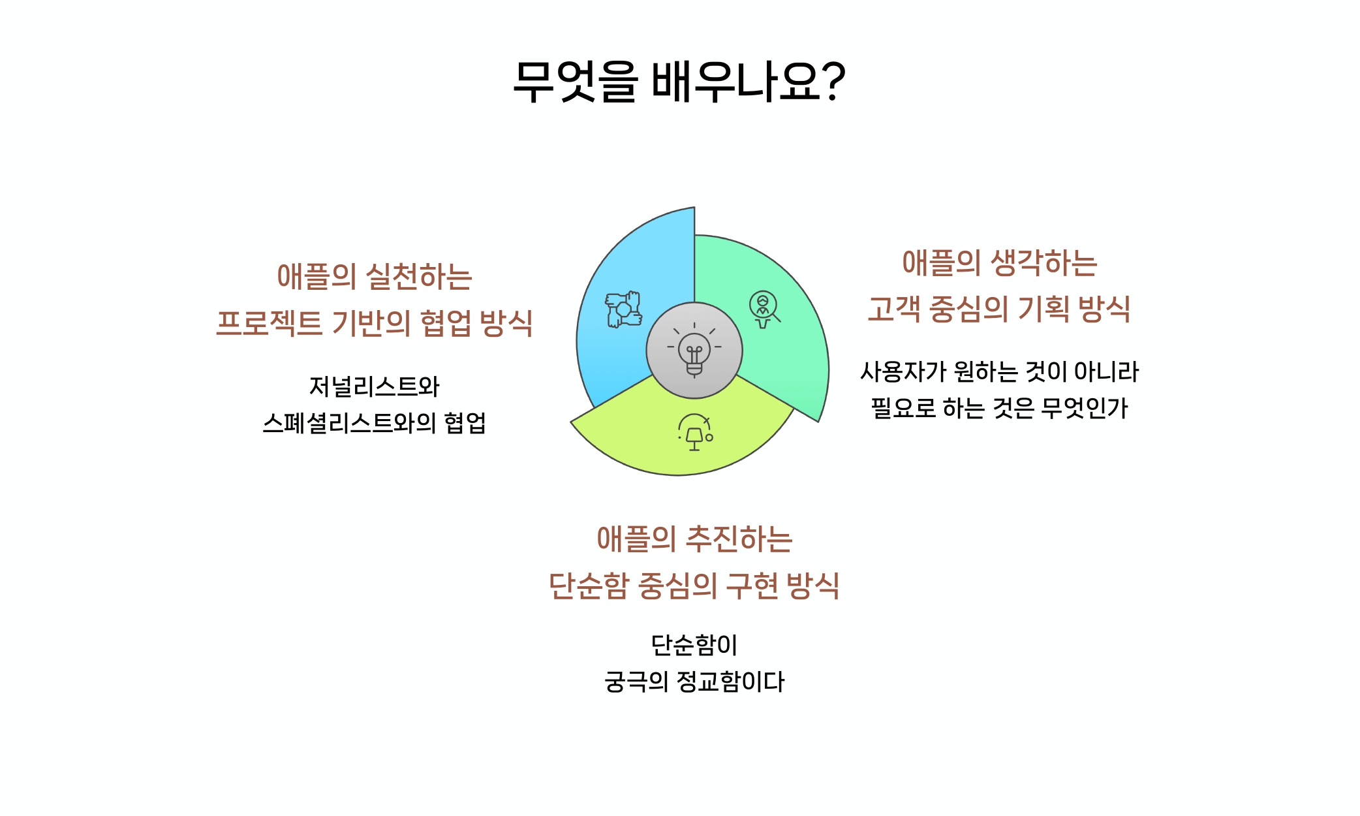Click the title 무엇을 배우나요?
coord(679,82)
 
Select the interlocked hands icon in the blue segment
coord(623,309)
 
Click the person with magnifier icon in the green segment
coord(764,309)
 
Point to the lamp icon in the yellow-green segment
coord(695,432)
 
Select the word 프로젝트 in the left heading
coord(269,323)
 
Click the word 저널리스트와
coord(374,386)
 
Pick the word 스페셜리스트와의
coord(349,423)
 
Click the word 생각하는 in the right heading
coord(1043,263)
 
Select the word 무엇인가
coord(1085,408)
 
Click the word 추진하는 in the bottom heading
coord(739,539)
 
